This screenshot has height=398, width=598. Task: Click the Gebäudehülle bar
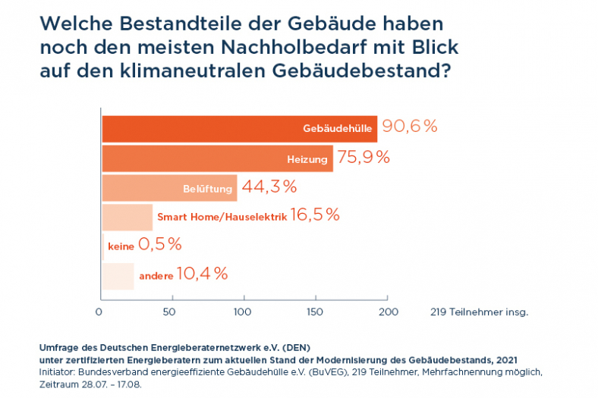(x=239, y=129)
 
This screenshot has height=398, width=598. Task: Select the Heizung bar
(x=217, y=158)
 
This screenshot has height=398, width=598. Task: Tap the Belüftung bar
(x=169, y=187)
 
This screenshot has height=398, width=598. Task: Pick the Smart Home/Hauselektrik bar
(x=127, y=217)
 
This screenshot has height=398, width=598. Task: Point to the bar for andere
(x=118, y=275)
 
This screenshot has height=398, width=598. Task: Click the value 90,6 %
(x=410, y=127)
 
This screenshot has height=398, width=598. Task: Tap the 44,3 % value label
(x=269, y=186)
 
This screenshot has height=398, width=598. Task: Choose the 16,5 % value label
(x=315, y=215)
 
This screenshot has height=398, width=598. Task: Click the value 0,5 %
(x=160, y=244)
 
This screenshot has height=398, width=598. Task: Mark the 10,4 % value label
(x=202, y=274)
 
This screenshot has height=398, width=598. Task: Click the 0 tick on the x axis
(x=99, y=312)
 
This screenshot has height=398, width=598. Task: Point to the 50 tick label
(x=170, y=312)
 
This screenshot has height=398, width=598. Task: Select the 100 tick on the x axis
(x=243, y=312)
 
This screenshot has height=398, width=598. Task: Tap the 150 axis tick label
(x=315, y=312)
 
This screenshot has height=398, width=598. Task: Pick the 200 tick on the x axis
(x=388, y=312)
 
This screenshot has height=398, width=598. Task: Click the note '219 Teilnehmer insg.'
(x=479, y=312)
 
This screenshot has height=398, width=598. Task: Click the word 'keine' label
(x=121, y=246)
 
